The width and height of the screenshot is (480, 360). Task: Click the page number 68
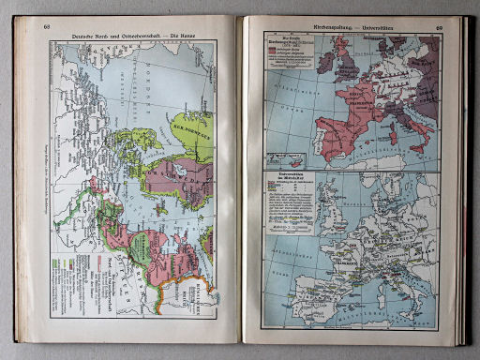(47, 26)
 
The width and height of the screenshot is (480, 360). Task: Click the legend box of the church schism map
(286, 52)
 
